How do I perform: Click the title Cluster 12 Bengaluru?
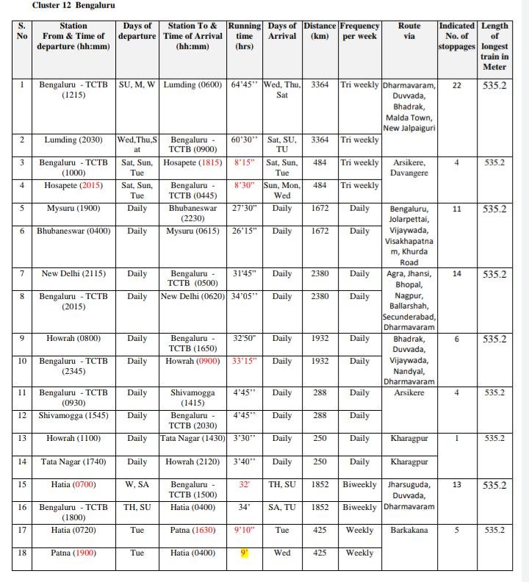click(73, 6)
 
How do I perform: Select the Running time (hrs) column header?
click(245, 35)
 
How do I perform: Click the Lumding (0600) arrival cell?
click(192, 85)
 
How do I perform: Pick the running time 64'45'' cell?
click(245, 85)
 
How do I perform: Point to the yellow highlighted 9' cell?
click(245, 553)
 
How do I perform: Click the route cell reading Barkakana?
click(409, 531)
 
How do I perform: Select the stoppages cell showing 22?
click(456, 85)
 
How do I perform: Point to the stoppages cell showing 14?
click(456, 274)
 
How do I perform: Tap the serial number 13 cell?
click(22, 439)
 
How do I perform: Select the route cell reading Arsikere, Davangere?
click(409, 168)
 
